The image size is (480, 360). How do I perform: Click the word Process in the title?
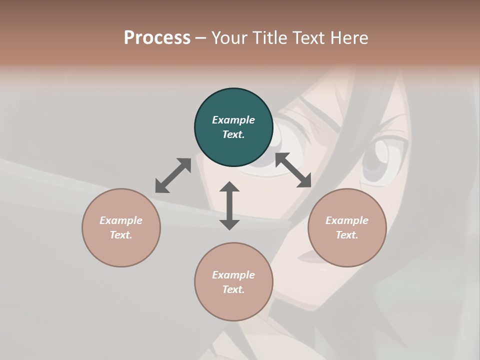coord(157,38)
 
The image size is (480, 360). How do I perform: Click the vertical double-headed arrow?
coord(229,205)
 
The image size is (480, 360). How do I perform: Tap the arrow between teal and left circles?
coord(173,175)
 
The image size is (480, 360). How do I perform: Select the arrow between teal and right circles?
coord(293,170)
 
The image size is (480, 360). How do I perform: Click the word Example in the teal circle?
coord(233,120)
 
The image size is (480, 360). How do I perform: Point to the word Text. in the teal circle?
coord(233,134)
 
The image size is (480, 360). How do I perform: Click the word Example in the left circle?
coord(121,220)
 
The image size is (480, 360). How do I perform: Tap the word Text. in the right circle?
coord(347,235)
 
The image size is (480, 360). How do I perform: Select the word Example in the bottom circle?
coord(233,275)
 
